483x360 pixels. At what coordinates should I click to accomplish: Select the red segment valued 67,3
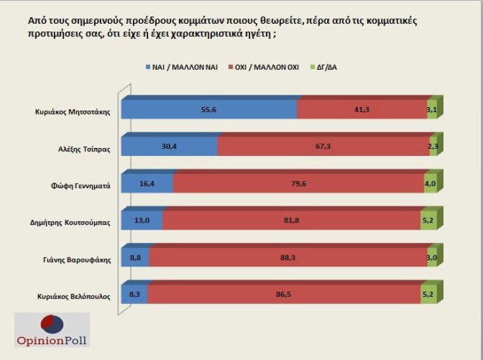click(x=322, y=148)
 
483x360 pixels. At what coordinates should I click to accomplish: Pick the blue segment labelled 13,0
click(x=142, y=221)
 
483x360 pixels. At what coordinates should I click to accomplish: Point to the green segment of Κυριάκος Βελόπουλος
click(x=428, y=295)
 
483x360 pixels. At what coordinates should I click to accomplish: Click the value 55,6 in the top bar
click(x=209, y=111)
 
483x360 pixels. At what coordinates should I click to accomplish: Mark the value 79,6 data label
click(x=299, y=184)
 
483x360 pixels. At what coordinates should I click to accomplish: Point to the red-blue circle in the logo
click(x=53, y=324)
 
